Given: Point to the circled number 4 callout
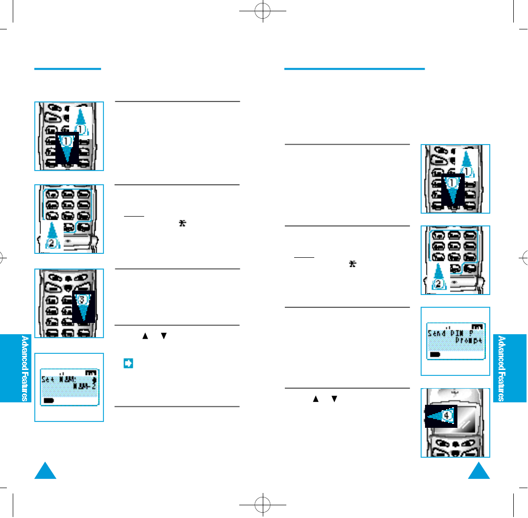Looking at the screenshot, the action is [x=446, y=415].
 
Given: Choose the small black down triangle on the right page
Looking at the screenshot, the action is [x=334, y=399].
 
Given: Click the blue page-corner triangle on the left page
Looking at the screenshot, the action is [x=46, y=472].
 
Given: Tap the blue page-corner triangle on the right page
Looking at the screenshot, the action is [x=479, y=472].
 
